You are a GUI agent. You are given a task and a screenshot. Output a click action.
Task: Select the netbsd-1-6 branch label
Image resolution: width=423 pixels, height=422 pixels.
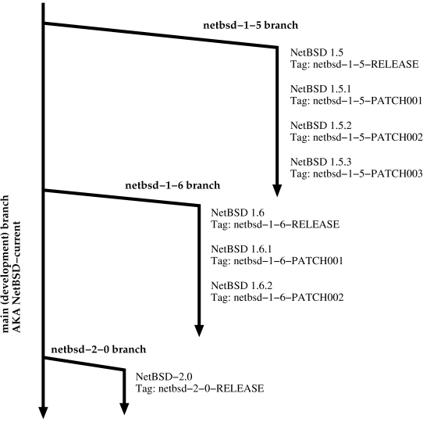(172, 185)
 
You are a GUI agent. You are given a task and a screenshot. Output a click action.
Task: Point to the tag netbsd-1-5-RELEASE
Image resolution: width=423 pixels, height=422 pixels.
(355, 63)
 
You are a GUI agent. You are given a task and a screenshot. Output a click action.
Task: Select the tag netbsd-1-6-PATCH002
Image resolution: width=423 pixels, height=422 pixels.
(277, 298)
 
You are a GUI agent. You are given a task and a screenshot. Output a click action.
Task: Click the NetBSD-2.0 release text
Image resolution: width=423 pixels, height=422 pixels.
(158, 375)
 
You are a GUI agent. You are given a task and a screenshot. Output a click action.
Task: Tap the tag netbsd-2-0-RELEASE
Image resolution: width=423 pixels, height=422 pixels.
(200, 388)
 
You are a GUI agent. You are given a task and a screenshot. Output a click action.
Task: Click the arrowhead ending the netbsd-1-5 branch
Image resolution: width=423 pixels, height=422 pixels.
(277, 190)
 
